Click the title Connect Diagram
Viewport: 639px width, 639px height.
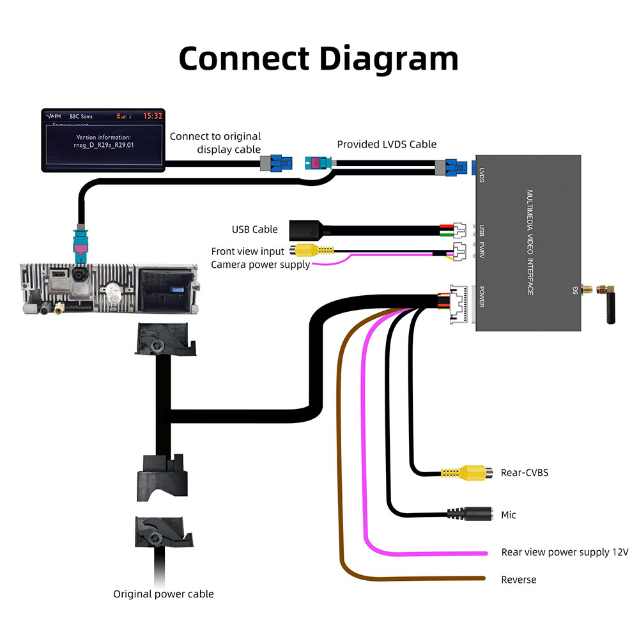coord(318,58)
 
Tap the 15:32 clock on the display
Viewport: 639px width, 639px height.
coord(152,116)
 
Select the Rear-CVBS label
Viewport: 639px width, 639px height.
coord(525,473)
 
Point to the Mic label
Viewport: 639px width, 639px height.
coord(509,515)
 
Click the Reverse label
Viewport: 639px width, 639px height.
coord(519,580)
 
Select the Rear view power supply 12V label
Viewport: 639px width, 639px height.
coord(565,552)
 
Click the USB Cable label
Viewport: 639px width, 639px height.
coord(254,229)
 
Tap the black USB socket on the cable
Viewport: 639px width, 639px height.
coord(304,229)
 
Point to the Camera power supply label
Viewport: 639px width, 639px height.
coord(260,265)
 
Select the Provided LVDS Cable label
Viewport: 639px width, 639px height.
coord(387,144)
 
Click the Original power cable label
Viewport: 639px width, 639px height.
coord(164,594)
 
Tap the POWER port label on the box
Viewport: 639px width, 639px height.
coord(481,298)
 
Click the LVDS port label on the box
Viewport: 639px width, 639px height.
coord(481,174)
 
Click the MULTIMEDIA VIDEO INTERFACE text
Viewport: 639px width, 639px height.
coord(530,243)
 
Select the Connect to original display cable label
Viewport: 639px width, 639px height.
coord(215,142)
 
